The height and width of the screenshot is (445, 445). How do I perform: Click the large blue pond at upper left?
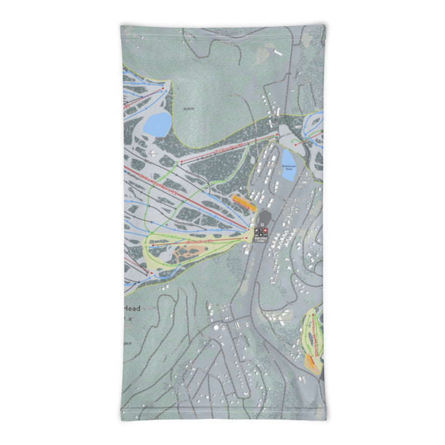157,123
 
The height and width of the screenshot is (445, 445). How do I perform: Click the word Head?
132,309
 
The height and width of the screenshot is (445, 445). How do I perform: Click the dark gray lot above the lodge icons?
265,216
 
